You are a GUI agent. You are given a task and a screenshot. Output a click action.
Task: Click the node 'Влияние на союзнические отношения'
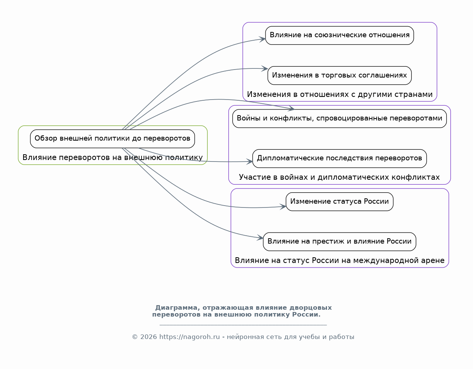tap(339, 35)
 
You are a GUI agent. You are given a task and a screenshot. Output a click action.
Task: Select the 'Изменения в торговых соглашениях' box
tap(339, 75)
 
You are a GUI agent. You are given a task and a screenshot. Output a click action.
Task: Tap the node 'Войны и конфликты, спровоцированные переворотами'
tap(339, 119)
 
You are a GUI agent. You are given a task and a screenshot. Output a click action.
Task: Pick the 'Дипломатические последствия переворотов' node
tap(339, 158)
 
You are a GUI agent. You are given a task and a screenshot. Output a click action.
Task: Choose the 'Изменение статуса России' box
tap(339, 202)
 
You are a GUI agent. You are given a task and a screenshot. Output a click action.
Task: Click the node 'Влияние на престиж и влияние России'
tap(339, 242)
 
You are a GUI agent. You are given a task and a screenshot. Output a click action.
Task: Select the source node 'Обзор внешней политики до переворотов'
tap(112, 139)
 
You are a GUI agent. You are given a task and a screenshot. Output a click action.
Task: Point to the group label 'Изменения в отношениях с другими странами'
tap(339, 95)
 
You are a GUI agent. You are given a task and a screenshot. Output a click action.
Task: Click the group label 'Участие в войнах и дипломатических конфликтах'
tap(339, 177)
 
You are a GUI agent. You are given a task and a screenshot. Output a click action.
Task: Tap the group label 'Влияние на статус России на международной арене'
tap(339, 261)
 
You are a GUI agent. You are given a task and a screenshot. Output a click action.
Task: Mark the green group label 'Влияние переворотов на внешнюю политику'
tap(112, 158)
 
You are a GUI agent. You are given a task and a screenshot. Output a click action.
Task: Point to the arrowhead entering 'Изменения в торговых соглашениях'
tap(265, 69)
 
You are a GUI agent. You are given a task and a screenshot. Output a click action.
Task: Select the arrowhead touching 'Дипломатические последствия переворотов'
tap(250, 162)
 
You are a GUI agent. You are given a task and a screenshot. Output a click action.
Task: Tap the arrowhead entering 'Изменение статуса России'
tap(283, 207)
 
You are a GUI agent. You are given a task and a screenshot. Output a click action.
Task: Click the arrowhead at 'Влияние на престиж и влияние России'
tap(260, 238)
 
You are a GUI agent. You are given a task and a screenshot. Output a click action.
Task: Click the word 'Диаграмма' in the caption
tap(178, 308)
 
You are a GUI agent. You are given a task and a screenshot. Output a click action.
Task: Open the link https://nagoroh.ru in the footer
tap(189, 337)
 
